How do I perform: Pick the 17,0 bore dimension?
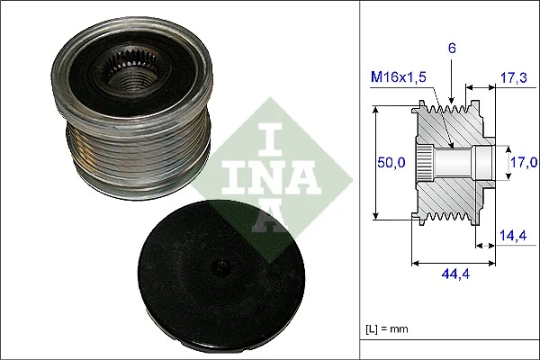pos(524,162)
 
